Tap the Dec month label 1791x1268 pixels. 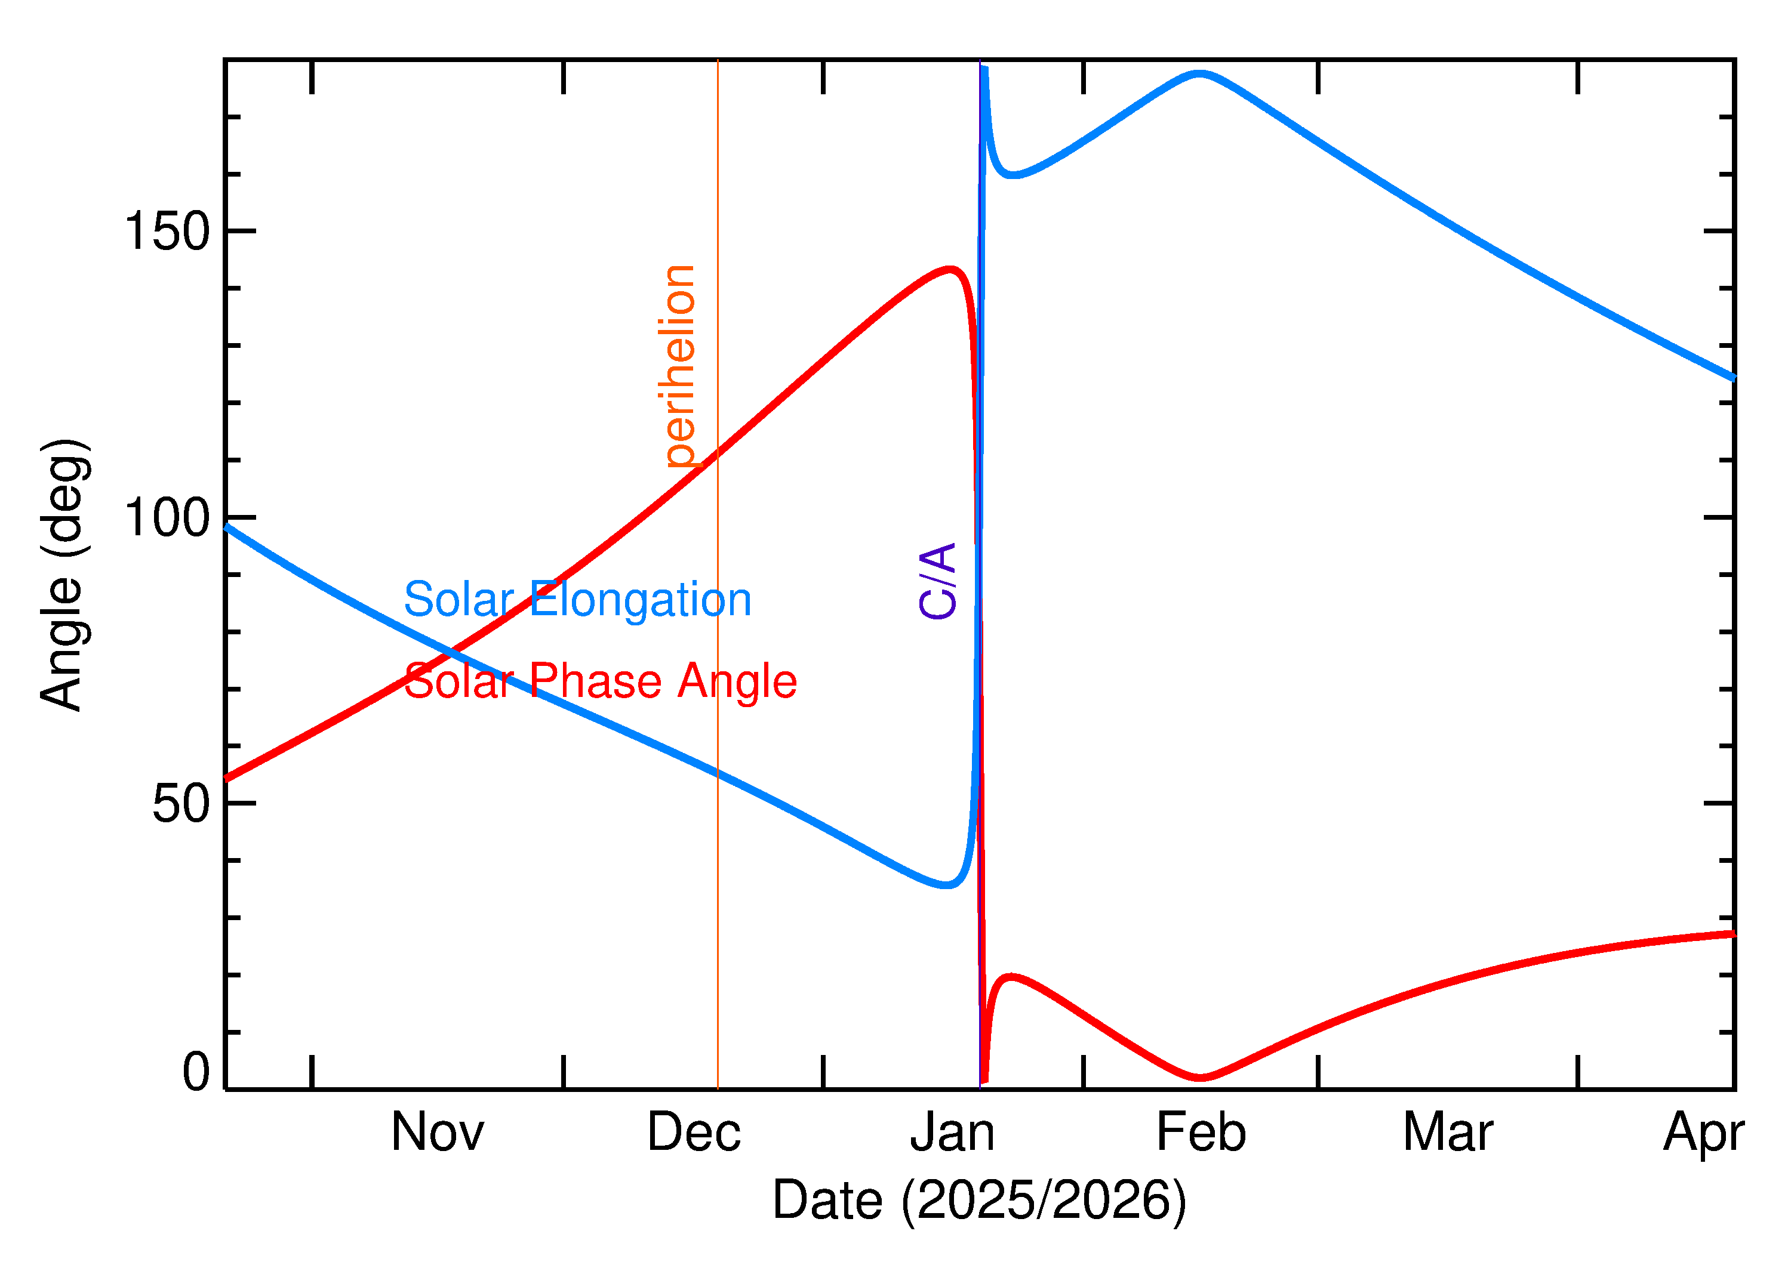(x=694, y=1133)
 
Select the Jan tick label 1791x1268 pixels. (x=952, y=1133)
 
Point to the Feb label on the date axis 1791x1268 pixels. (x=1201, y=1133)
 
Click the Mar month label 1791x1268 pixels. (x=1448, y=1133)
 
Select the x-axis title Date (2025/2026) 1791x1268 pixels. (x=980, y=1200)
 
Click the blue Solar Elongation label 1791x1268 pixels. (x=577, y=600)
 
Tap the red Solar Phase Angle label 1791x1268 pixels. (x=600, y=681)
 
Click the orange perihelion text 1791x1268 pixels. (x=679, y=366)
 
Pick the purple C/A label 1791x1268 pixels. (x=938, y=582)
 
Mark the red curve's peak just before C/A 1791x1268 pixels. (x=950, y=270)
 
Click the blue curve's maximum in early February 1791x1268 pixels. (x=1199, y=74)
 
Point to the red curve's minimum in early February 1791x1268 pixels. (x=1201, y=1078)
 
